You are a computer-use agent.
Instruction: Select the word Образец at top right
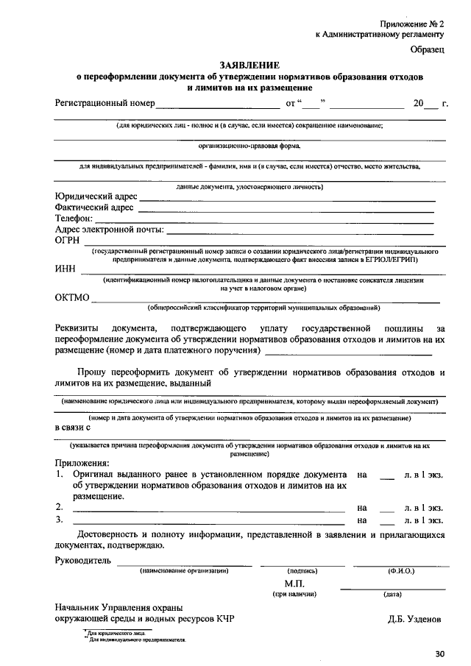pyautogui.click(x=428, y=49)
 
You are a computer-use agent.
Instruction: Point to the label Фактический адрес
pyautogui.click(x=94, y=208)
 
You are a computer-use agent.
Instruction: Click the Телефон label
pyautogui.click(x=74, y=219)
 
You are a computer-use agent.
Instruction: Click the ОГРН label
pyautogui.click(x=68, y=240)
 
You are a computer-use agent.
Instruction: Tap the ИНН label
pyautogui.click(x=65, y=269)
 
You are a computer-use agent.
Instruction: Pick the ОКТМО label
pyautogui.click(x=72, y=298)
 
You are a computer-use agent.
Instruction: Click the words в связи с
pyautogui.click(x=73, y=427)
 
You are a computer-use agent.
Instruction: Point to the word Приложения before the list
pyautogui.click(x=82, y=463)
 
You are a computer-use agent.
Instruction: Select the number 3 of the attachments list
pyautogui.click(x=58, y=520)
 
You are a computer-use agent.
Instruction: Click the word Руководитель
pyautogui.click(x=83, y=561)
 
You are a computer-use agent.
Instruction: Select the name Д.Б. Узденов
pyautogui.click(x=416, y=619)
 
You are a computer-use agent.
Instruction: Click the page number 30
pyautogui.click(x=439, y=653)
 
